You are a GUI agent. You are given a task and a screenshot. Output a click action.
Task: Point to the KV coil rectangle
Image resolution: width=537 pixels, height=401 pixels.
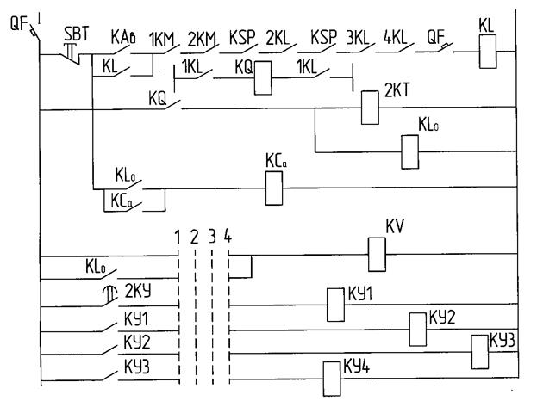pos(376,255)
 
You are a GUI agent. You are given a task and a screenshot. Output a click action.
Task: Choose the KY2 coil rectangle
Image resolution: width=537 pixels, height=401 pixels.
pos(417,328)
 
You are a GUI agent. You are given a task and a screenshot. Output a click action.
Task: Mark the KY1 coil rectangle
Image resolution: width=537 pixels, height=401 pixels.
pos(334,303)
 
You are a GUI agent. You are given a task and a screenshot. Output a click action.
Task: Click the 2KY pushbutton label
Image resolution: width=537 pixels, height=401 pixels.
pos(139,289)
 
